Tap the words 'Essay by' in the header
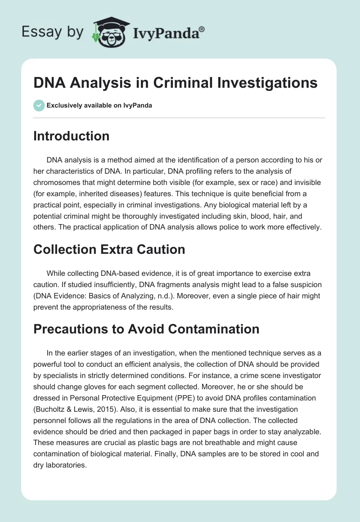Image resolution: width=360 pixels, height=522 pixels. coord(53,31)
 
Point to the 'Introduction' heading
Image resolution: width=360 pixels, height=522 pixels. coord(71,136)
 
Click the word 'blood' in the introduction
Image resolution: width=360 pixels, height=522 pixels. coord(248,215)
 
